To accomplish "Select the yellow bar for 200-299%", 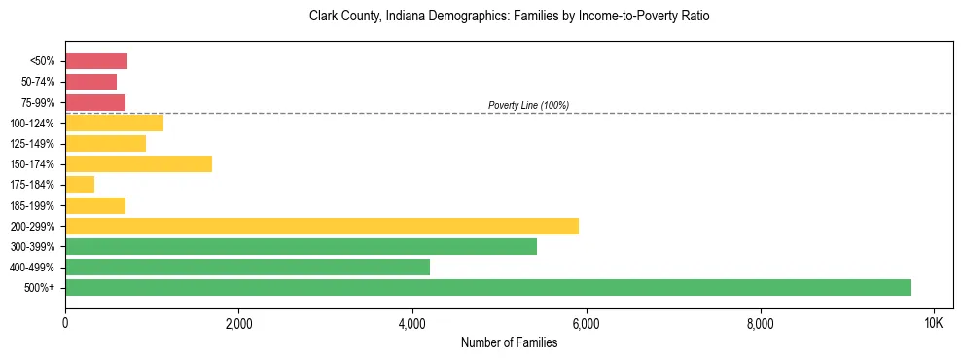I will tap(322, 226).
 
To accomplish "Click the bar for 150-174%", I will tap(138, 164).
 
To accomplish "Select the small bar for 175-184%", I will tap(80, 185).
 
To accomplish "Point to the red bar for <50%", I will tap(96, 61).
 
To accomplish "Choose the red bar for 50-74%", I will tap(90, 82).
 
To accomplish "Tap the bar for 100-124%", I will tap(114, 123).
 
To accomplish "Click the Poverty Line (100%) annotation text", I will tap(528, 105).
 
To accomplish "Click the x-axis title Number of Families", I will tap(509, 342).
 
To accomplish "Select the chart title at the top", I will tap(509, 17).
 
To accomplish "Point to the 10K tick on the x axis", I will tap(933, 323).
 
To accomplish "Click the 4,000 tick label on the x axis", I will tap(412, 323).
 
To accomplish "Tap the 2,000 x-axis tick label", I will tap(238, 323).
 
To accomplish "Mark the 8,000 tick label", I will tap(760, 323).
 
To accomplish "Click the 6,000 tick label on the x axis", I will tap(586, 323).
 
